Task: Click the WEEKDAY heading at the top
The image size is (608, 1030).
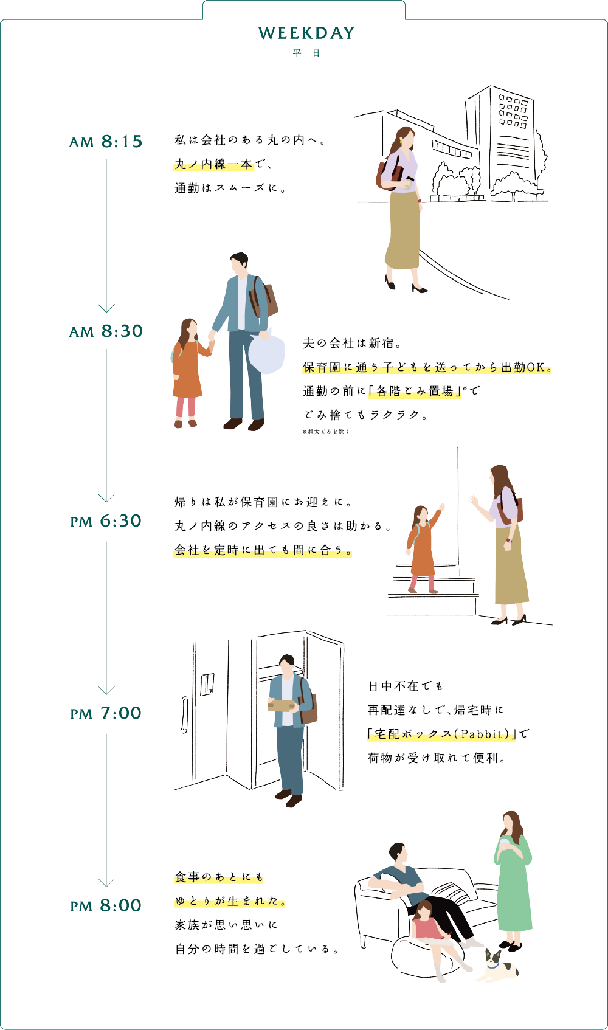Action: [x=306, y=33]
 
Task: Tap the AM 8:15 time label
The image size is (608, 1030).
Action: [x=106, y=142]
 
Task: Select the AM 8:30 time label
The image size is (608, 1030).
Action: [x=106, y=331]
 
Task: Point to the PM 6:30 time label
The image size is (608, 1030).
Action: [x=106, y=521]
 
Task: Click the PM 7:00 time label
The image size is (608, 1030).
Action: [x=106, y=713]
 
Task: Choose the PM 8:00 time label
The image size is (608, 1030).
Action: [x=106, y=905]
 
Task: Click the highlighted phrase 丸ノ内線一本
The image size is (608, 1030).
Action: [x=213, y=164]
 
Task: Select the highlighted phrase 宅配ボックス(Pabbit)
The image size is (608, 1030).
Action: [x=441, y=734]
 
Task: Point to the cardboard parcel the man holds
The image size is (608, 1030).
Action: [x=282, y=705]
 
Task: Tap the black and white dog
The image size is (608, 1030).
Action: [x=497, y=967]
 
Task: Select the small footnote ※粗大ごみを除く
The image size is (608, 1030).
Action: [x=326, y=432]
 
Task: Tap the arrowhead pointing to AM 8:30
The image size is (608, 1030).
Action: [x=106, y=308]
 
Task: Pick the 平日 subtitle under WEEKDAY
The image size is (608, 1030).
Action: [x=306, y=54]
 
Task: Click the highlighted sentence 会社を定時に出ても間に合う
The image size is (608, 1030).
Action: [x=263, y=550]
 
